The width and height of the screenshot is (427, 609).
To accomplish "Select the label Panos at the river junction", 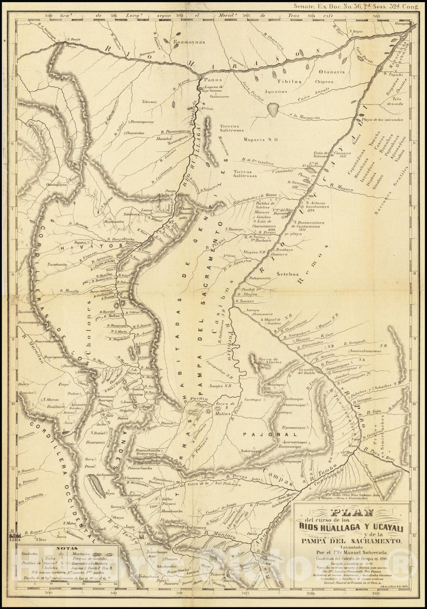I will click(212, 81).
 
